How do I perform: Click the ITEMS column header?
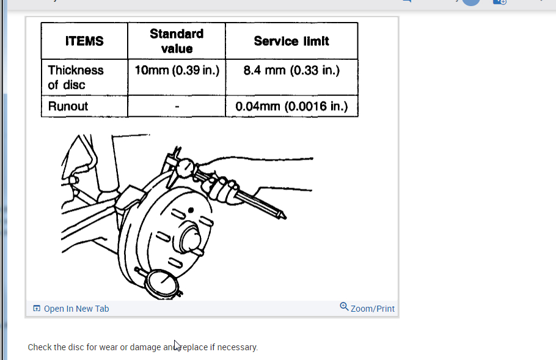point(84,42)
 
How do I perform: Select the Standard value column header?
point(176,41)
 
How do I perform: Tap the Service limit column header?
point(291,42)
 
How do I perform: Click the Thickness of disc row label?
point(76,77)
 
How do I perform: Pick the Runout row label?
point(68,106)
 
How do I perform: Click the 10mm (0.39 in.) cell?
point(177,70)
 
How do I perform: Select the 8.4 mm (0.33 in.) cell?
point(291,70)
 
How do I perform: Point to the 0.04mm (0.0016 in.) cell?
point(291,106)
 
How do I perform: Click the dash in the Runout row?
point(176,107)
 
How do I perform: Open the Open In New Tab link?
point(76,309)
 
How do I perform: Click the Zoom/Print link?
point(373,309)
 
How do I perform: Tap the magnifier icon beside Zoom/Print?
point(344,307)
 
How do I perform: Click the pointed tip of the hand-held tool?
point(282,215)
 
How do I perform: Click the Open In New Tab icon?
point(37,309)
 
